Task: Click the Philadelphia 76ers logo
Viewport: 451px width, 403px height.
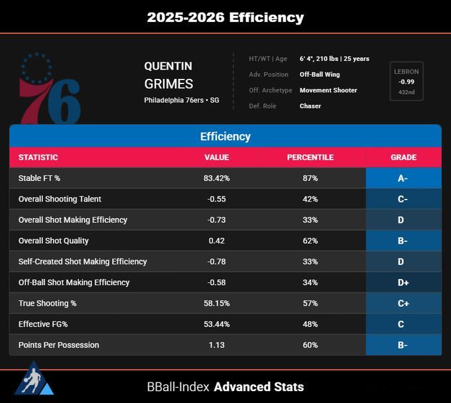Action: click(50, 88)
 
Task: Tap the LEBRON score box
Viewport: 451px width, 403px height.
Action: click(407, 81)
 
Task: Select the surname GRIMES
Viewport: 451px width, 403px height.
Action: click(168, 84)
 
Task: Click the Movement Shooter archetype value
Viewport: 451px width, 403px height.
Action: click(328, 90)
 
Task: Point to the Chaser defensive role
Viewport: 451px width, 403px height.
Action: click(310, 106)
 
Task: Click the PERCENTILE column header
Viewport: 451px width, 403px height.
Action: click(310, 157)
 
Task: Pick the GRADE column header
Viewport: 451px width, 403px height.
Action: click(403, 157)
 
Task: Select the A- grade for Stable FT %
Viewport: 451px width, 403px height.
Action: click(403, 178)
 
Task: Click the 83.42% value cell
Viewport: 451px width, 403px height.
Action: click(217, 178)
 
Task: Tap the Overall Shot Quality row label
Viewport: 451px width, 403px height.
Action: click(54, 241)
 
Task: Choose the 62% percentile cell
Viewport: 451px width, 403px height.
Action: click(310, 241)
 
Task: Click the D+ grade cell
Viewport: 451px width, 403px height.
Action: click(403, 282)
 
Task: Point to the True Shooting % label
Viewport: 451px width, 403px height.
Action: click(48, 304)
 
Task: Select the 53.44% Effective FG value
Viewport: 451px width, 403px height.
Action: click(217, 324)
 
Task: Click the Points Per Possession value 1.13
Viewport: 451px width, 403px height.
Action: click(217, 345)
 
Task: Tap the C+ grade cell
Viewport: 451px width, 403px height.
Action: click(403, 304)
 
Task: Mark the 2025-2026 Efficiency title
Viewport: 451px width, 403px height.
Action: click(225, 17)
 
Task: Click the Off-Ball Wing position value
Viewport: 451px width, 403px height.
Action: click(320, 74)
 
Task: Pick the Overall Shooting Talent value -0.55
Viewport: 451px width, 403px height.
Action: click(217, 199)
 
